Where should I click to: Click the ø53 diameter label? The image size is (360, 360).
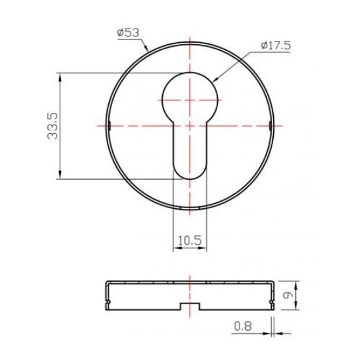point(128,33)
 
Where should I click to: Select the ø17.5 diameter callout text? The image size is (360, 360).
point(276,45)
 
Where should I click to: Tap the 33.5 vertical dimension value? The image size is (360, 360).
point(53,126)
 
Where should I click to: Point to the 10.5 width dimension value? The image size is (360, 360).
point(189,241)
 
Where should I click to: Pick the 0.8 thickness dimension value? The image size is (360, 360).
point(243,326)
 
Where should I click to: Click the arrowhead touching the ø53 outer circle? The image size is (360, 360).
point(145,47)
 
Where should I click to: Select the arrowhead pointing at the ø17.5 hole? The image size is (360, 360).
point(215,79)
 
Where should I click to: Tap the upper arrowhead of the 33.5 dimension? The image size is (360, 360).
point(60,77)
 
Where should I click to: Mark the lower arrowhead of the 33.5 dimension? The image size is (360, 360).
point(60,174)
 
